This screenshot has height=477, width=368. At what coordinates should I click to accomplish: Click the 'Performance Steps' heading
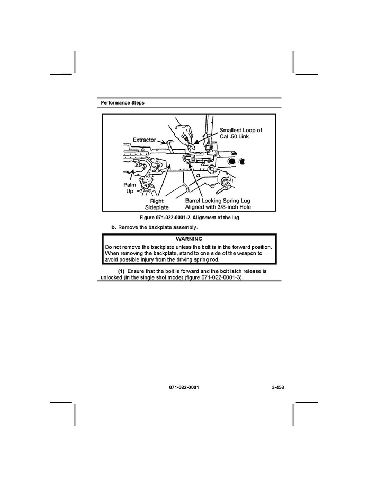[122, 102]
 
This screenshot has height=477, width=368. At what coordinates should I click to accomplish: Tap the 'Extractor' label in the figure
[144, 140]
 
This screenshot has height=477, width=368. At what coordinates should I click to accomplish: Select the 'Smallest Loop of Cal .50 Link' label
[241, 133]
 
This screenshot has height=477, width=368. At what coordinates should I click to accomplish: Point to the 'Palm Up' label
[130, 187]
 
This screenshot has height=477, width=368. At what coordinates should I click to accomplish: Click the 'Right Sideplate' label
[157, 204]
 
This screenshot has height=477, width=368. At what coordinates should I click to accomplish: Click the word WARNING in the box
[189, 239]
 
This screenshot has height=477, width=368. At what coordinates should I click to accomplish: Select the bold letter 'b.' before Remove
[113, 227]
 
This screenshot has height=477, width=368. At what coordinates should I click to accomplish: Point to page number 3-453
[278, 388]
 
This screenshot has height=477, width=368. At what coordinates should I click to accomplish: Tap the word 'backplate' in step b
[158, 227]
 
